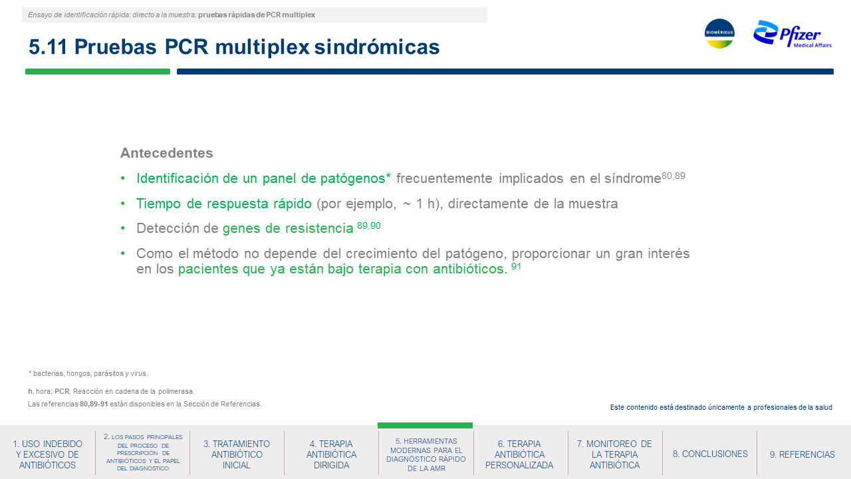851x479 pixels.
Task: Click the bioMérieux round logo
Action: [x=719, y=33]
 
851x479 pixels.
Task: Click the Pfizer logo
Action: [x=792, y=34]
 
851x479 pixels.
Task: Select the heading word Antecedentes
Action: [x=166, y=153]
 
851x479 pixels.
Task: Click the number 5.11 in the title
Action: [x=48, y=47]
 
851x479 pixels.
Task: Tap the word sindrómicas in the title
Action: [x=377, y=47]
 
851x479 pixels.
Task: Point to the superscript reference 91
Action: [x=516, y=266]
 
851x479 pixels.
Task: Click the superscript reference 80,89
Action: [x=673, y=176]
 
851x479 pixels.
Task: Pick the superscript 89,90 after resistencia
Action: [x=369, y=226]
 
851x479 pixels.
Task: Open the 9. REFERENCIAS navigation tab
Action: [x=802, y=454]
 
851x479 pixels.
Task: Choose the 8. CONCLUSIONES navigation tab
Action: [x=710, y=454]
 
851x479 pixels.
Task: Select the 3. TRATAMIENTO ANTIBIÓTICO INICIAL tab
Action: [x=237, y=454]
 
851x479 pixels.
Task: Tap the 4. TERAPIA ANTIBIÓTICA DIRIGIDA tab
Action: [x=331, y=454]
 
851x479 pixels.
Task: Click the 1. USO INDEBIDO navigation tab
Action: [x=47, y=454]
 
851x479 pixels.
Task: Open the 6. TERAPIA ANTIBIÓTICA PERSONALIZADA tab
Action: [x=519, y=454]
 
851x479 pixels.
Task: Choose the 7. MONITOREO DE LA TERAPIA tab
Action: [x=614, y=454]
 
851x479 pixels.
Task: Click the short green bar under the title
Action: [x=98, y=71]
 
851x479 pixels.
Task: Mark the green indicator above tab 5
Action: [x=425, y=425]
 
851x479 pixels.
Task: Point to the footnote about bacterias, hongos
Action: [x=88, y=373]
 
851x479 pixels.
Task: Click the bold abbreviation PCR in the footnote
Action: [x=62, y=391]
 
